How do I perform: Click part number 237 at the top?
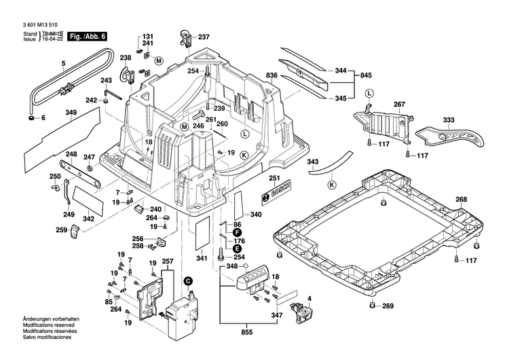click(204, 37)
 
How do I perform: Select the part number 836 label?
click(271, 75)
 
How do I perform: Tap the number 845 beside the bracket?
click(366, 75)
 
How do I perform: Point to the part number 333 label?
click(449, 120)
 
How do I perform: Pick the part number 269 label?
click(388, 306)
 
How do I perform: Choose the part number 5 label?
click(62, 65)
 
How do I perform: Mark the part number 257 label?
click(168, 262)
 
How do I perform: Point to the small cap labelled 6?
click(32, 119)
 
